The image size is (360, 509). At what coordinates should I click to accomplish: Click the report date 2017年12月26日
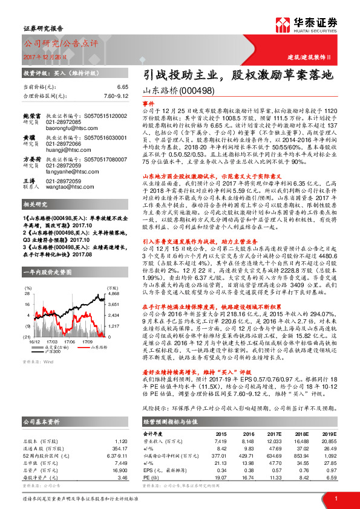[44, 56]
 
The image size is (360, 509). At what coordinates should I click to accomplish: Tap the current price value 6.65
[122, 86]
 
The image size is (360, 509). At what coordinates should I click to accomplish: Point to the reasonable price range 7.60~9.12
[116, 95]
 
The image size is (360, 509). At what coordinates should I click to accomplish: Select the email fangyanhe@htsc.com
[70, 170]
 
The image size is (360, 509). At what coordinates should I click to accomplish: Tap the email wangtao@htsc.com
[68, 187]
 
